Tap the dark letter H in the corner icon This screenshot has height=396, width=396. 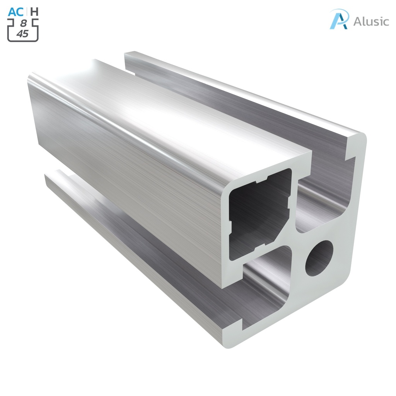coord(34,12)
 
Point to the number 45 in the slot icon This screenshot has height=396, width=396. coord(22,34)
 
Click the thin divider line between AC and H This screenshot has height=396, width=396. coord(27,12)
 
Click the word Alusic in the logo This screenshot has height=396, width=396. coord(371,21)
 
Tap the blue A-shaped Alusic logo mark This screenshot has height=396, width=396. coord(339,19)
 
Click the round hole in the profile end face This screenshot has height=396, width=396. coord(319,258)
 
